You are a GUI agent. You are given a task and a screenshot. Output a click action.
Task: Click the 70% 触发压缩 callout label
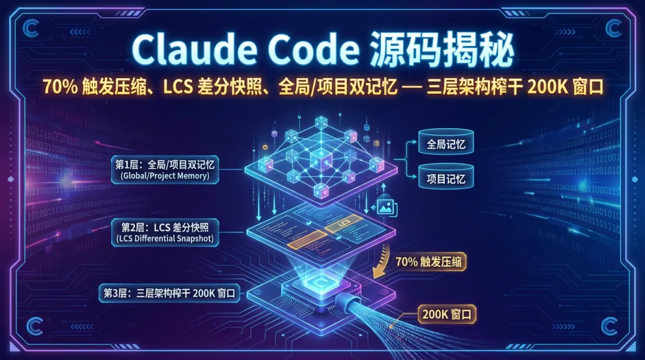point(430,261)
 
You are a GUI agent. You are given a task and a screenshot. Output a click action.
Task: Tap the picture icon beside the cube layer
point(383,207)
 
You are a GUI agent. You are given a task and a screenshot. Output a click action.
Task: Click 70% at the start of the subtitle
point(58,86)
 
